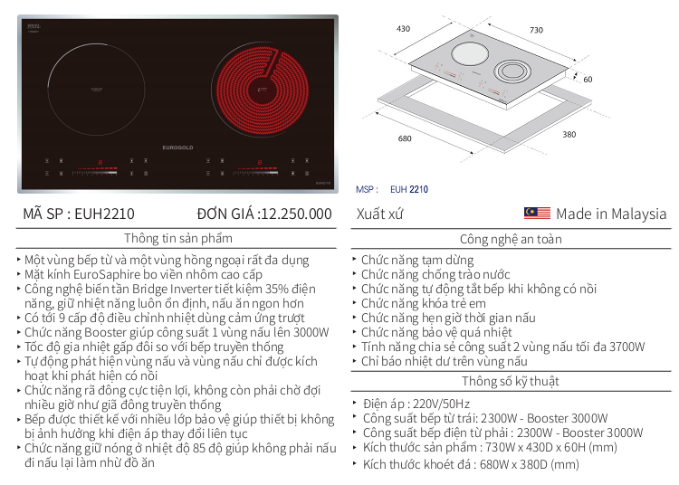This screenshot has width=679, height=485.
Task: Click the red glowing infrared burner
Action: pyautogui.click(x=257, y=88)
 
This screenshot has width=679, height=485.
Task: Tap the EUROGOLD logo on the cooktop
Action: pyautogui.click(x=177, y=147)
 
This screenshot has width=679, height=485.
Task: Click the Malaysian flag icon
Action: pyautogui.click(x=537, y=214)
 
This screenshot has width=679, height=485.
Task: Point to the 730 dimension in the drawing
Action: pyautogui.click(x=536, y=31)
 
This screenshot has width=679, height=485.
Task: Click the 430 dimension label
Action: pyautogui.click(x=404, y=29)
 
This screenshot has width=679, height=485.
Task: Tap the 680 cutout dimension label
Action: pyautogui.click(x=405, y=138)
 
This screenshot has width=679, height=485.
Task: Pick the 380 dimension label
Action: pyautogui.click(x=569, y=135)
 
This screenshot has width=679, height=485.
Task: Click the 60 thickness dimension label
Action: pyautogui.click(x=588, y=80)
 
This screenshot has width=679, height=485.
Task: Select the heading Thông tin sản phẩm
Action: pyautogui.click(x=178, y=239)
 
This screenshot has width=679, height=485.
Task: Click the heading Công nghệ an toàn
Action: pyautogui.click(x=511, y=240)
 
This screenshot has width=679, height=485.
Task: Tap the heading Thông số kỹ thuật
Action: pyautogui.click(x=511, y=381)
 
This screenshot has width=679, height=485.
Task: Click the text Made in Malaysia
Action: pyautogui.click(x=611, y=214)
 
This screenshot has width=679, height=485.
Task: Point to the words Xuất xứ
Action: pyautogui.click(x=380, y=214)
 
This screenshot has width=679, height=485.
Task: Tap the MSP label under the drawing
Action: pyautogui.click(x=367, y=190)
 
